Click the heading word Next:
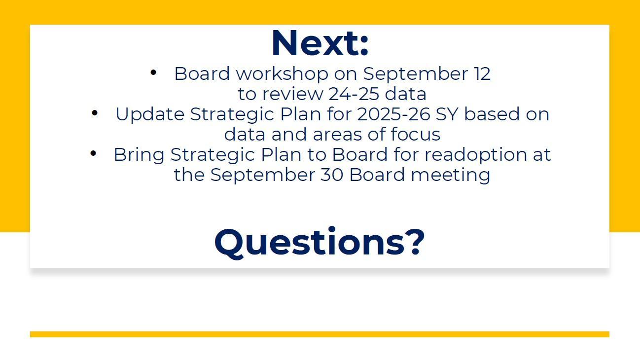coord(320,43)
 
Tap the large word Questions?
coord(320,243)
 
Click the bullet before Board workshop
coord(153,72)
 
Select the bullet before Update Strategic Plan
coord(95,113)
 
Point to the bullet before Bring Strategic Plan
coord(93,153)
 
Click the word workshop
coord(283,74)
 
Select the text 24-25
coord(354,94)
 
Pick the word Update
coord(150,114)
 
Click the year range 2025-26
coord(394,114)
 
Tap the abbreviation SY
coord(447,114)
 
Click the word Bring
coord(139,155)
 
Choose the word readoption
coord(476,155)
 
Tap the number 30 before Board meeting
coord(332,175)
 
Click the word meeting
coord(451,176)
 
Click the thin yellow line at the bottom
coord(320,334)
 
